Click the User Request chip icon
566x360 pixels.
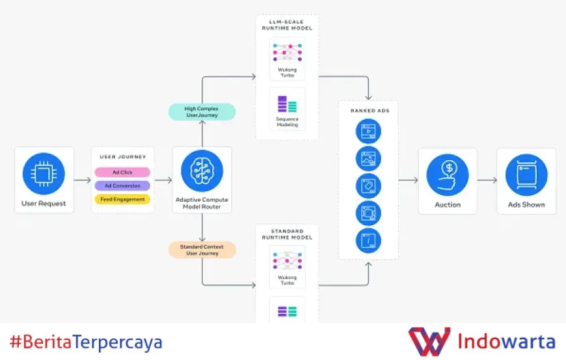click(44, 174)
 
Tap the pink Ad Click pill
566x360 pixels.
click(122, 173)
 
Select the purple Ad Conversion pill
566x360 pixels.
click(122, 186)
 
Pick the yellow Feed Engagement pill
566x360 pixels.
click(122, 199)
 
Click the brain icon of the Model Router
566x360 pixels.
click(202, 171)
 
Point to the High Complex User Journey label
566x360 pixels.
click(202, 111)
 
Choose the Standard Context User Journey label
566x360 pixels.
click(202, 249)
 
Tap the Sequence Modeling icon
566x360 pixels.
click(287, 104)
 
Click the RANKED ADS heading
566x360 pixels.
click(368, 110)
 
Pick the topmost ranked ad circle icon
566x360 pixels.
click(368, 132)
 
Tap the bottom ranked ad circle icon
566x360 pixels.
click(368, 240)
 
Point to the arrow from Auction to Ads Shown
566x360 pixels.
click(487, 180)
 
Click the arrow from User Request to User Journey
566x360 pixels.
click(83, 180)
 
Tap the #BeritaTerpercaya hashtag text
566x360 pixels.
click(86, 342)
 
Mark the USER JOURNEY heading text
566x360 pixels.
click(122, 157)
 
